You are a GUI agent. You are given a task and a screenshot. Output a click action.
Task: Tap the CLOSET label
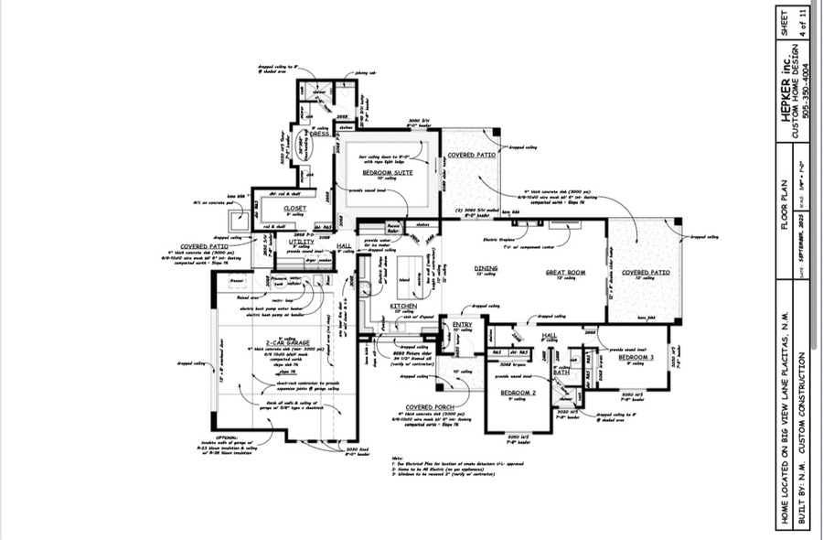point(295,209)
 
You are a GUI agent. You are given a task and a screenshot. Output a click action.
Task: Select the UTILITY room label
point(302,242)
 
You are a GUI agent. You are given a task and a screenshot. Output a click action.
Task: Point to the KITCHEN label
point(404,305)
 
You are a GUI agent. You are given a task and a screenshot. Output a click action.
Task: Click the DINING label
point(485,268)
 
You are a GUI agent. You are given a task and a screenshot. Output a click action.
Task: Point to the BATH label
point(561,373)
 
